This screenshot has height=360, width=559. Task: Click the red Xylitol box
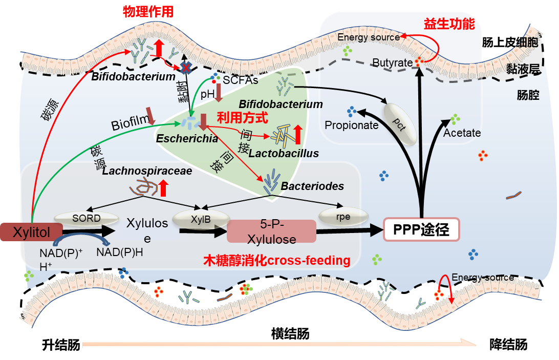tap(32, 232)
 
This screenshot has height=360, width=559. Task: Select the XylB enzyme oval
tap(200, 220)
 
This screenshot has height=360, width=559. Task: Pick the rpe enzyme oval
tap(343, 217)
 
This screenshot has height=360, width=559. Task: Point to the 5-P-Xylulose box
tap(271, 232)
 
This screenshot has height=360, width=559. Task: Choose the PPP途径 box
tap(421, 230)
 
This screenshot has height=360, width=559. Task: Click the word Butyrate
tap(392, 63)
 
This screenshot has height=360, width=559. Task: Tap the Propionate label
tap(351, 125)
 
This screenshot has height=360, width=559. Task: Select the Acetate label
tap(462, 133)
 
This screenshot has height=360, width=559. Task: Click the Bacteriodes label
tap(312, 186)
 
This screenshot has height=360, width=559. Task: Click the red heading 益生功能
tap(449, 24)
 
